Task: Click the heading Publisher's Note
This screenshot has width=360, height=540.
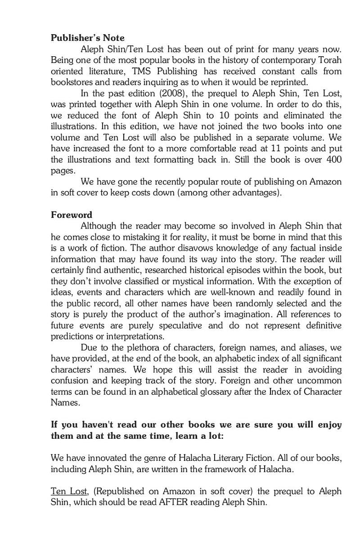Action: (x=87, y=38)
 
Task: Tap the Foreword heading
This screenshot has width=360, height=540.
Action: (x=71, y=215)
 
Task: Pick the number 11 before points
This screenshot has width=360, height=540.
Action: (x=276, y=148)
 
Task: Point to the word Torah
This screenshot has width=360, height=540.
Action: (x=329, y=60)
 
